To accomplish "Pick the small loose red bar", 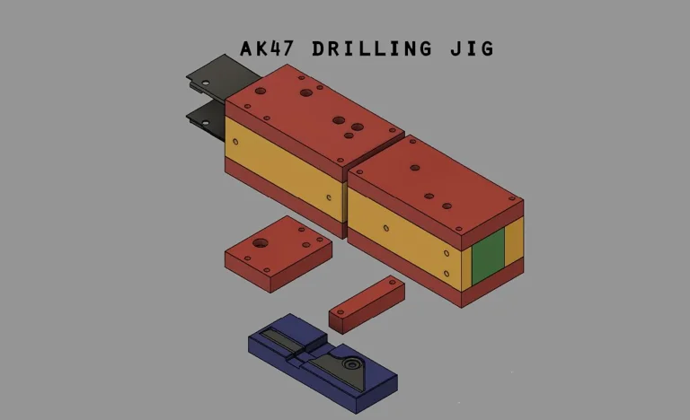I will point(367,304).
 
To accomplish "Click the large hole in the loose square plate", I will point(261,243).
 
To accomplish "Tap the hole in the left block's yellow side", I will point(330,197).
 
